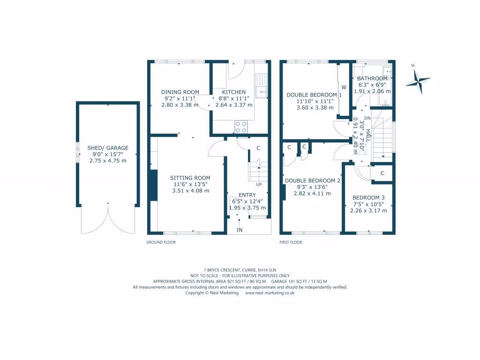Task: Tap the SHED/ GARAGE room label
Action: [x=108, y=148]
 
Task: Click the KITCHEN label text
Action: [x=233, y=92]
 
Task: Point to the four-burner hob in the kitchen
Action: [x=240, y=127]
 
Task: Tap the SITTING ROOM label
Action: [x=190, y=178]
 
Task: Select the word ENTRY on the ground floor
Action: [x=247, y=195]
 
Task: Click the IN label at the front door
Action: [x=240, y=230]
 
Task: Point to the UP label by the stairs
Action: [x=258, y=184]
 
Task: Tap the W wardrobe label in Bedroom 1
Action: [x=344, y=87]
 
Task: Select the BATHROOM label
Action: [x=372, y=78]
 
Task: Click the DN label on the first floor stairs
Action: [x=367, y=118]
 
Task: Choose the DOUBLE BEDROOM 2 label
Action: [x=312, y=180]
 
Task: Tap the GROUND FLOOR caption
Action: [x=161, y=242]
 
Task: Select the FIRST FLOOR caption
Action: [x=291, y=242]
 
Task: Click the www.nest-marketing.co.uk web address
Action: [x=270, y=292]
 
